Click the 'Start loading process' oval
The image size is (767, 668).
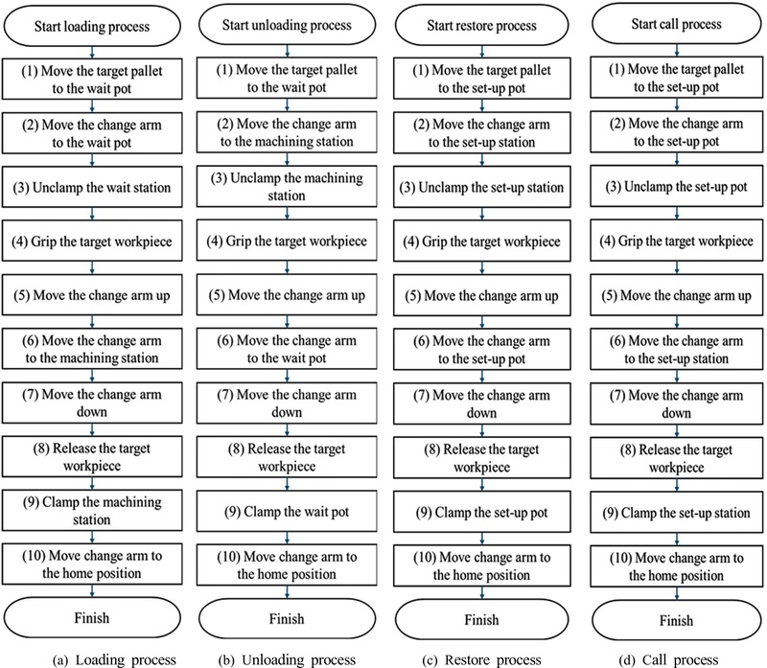[x=92, y=26]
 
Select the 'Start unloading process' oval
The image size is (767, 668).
[x=287, y=25]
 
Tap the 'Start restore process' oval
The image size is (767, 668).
[x=482, y=26]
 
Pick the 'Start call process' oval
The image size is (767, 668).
[x=677, y=24]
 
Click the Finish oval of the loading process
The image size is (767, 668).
[x=92, y=617]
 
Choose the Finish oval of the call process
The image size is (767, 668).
[x=677, y=620]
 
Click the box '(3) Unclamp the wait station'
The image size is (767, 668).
[x=92, y=187]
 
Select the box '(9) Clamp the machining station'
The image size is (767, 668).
[x=92, y=511]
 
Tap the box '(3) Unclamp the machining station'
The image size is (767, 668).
[x=287, y=186]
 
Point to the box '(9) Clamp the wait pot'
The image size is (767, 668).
[x=287, y=512]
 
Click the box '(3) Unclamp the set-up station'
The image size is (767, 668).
[x=482, y=187]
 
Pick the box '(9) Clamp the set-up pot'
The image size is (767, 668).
[x=482, y=512]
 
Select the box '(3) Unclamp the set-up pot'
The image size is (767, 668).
[x=677, y=186]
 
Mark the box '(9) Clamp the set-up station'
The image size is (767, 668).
[x=677, y=513]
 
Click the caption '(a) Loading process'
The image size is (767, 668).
[x=114, y=660]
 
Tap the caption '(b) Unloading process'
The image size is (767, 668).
[x=287, y=660]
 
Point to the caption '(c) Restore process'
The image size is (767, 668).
[x=482, y=660]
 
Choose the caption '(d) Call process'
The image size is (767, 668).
[x=668, y=660]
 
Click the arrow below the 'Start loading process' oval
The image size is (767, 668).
[x=92, y=53]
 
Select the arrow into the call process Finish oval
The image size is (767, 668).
[x=677, y=593]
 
